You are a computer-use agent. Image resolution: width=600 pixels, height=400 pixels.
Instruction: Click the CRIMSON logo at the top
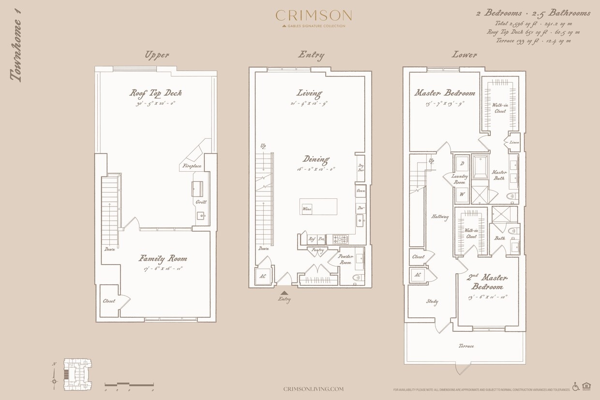314,16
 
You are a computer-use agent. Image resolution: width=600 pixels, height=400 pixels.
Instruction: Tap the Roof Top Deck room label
155,93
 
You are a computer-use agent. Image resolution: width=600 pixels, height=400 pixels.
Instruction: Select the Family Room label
163,258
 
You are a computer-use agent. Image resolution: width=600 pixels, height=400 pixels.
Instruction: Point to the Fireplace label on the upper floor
192,166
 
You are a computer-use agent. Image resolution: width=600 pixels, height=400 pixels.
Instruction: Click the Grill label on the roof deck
201,202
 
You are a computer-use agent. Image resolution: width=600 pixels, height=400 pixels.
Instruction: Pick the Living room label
309,93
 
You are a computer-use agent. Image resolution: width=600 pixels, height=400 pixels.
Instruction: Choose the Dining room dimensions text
316,169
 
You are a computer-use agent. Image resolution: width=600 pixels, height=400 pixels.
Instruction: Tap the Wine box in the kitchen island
306,209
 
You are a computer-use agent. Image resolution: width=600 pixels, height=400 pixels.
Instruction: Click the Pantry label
317,250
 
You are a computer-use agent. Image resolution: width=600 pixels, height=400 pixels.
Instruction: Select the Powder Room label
345,259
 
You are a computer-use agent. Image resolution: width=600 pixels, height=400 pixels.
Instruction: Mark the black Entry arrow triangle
285,292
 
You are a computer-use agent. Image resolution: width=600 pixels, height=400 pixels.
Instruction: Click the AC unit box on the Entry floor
263,276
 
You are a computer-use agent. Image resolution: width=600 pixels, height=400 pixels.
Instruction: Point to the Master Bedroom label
444,93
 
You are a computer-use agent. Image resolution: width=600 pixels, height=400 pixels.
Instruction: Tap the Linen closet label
514,143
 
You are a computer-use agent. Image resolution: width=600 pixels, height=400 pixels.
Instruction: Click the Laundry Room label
459,179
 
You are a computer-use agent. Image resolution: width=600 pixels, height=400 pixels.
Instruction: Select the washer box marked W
462,194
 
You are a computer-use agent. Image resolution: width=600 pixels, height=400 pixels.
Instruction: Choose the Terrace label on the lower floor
466,346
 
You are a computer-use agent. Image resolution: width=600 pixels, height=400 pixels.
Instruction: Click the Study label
432,302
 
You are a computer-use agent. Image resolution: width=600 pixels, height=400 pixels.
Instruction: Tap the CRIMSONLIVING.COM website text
314,389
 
